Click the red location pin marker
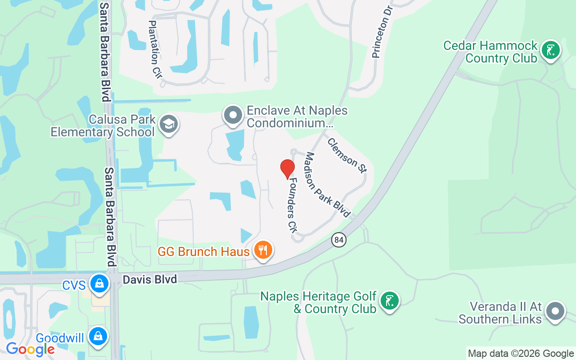(x=287, y=169)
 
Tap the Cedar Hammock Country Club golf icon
(x=550, y=50)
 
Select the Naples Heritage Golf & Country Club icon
(x=389, y=301)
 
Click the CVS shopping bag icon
(x=99, y=283)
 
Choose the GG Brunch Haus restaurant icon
(x=263, y=250)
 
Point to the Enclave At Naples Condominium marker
(x=233, y=115)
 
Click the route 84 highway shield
(x=339, y=240)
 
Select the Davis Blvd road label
(x=150, y=279)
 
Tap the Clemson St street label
(x=347, y=155)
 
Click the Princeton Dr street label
(x=382, y=31)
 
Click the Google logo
(x=30, y=349)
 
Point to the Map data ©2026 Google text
(x=521, y=354)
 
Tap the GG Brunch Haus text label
(x=203, y=252)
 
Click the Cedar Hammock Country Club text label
(x=490, y=52)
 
